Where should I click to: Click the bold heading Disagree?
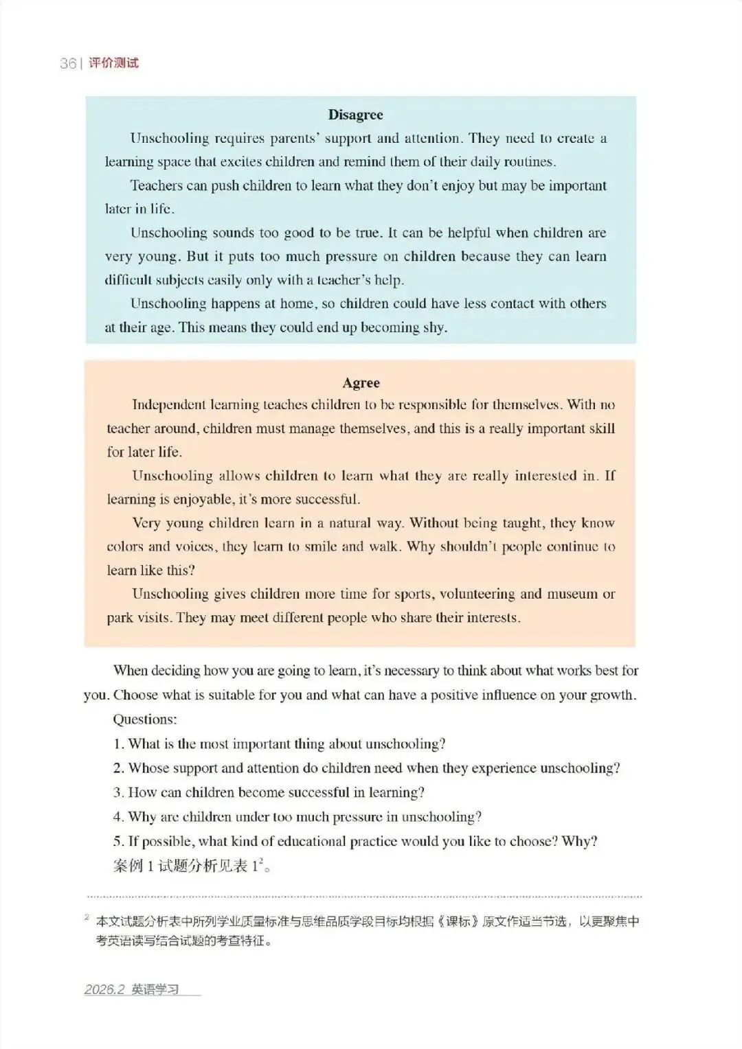tap(355, 115)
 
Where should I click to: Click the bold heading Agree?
tap(361, 383)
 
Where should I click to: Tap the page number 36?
tap(68, 63)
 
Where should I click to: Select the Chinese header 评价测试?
tap(114, 63)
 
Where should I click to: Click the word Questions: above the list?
tap(145, 719)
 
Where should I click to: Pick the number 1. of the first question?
tap(118, 744)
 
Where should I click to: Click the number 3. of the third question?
tap(118, 793)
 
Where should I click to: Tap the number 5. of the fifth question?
tap(118, 842)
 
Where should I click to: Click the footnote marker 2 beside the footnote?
tap(87, 917)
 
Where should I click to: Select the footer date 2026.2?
tap(104, 989)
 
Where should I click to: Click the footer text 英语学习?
tap(155, 989)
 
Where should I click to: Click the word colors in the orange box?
tap(124, 547)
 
